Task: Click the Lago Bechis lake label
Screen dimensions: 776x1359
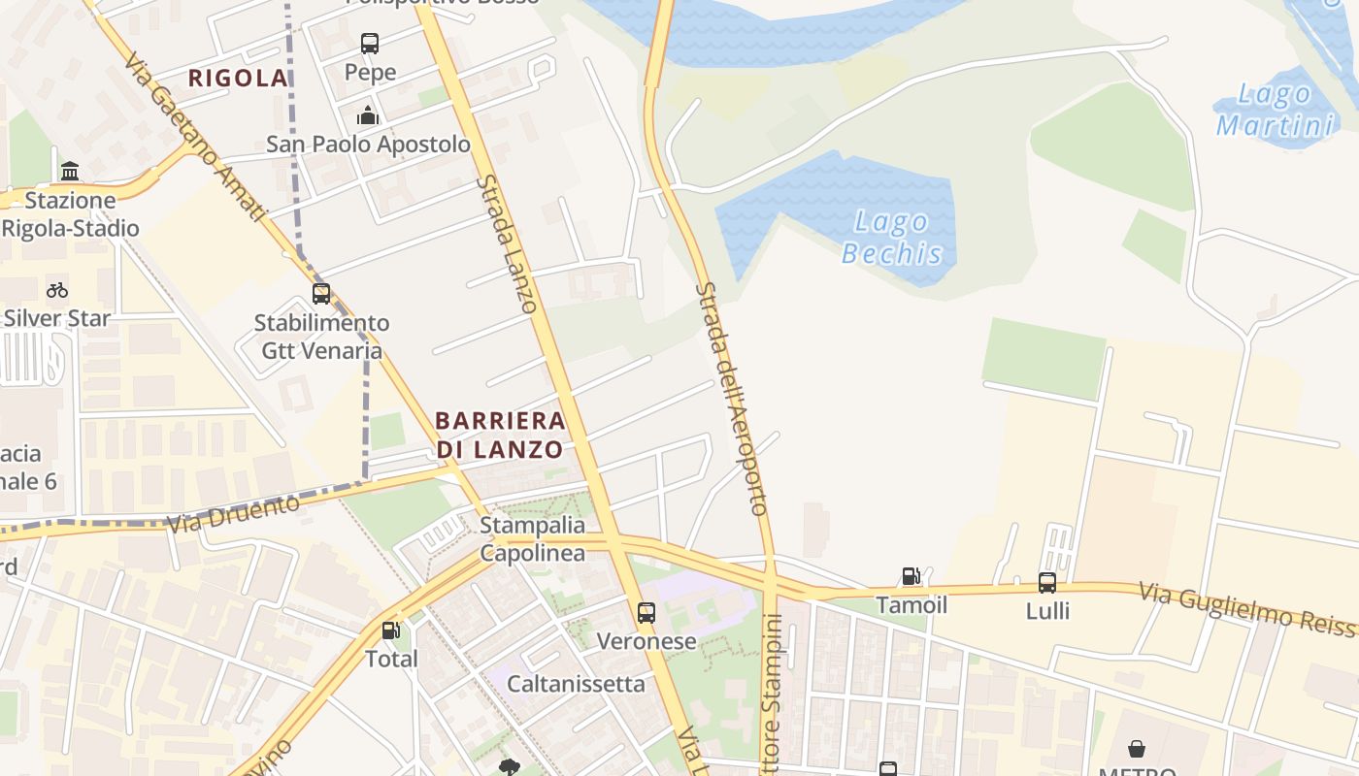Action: point(892,239)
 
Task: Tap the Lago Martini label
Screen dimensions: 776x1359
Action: point(1276,111)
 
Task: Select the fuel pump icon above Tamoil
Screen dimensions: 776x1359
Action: point(911,576)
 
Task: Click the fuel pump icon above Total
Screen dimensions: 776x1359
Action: point(391,630)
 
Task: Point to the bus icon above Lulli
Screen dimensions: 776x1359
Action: point(1047,583)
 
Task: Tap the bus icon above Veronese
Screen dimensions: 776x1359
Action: point(646,613)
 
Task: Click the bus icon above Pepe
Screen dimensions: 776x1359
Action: point(370,44)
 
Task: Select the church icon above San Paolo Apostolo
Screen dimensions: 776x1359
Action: point(368,116)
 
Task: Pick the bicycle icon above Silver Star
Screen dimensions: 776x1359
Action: point(57,290)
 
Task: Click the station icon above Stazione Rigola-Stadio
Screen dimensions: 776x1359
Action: point(70,172)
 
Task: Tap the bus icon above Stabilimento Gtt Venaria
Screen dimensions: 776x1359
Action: point(321,293)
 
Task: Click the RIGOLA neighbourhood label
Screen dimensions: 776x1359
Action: point(238,79)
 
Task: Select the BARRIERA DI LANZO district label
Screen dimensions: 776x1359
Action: point(500,435)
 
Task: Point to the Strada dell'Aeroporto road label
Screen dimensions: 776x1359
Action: point(732,398)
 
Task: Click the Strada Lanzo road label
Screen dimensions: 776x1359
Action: point(506,243)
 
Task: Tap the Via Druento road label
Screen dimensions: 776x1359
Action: point(233,515)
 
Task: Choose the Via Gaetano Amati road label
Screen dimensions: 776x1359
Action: point(194,136)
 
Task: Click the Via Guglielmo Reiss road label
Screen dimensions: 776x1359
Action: point(1246,609)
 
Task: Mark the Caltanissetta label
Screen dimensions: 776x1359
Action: point(576,684)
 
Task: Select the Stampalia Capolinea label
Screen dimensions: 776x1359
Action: point(533,539)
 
